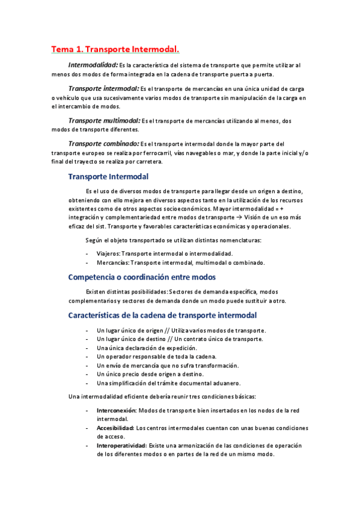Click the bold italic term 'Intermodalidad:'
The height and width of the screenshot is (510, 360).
click(93, 64)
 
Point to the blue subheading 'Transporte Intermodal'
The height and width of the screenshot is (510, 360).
click(108, 177)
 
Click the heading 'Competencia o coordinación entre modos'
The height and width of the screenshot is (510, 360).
click(142, 277)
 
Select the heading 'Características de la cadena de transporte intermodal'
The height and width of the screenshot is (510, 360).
click(163, 315)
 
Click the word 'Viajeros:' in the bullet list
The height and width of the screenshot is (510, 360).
click(108, 254)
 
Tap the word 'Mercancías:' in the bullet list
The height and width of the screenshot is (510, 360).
click(112, 263)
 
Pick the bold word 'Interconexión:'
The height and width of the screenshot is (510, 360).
click(117, 410)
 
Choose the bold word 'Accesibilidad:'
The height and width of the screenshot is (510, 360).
click(115, 428)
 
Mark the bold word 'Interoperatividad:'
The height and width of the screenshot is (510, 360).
click(121, 446)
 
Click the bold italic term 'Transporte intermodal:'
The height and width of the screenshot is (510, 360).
click(103, 88)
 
